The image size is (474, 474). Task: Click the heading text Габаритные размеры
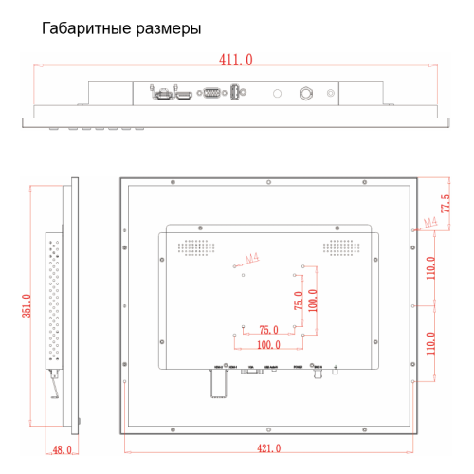(121, 28)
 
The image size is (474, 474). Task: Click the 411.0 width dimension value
(236, 60)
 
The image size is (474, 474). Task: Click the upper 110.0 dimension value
(430, 272)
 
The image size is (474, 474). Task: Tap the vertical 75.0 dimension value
(299, 301)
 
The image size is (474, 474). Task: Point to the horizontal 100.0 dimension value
(268, 345)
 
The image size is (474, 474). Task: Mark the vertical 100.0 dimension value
(313, 301)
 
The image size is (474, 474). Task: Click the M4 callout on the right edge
(429, 223)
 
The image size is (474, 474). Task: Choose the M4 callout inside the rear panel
(251, 257)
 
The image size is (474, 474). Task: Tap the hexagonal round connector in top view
(305, 94)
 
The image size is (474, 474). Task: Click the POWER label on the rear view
(298, 365)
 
